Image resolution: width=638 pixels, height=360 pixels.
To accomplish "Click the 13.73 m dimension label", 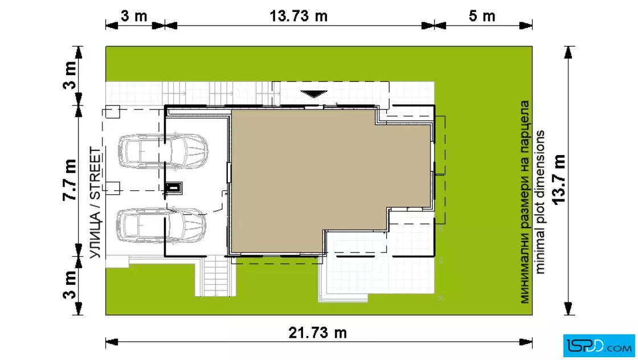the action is click(x=298, y=17).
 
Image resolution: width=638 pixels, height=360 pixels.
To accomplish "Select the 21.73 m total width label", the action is click(x=317, y=333).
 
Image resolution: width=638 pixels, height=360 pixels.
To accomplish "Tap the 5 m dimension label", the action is click(x=482, y=17).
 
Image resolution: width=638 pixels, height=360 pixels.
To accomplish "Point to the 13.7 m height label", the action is click(x=559, y=179).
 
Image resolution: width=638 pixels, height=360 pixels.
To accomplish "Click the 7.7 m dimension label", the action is click(x=69, y=180).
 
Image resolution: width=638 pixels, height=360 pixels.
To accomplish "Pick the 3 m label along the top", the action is click(x=134, y=17).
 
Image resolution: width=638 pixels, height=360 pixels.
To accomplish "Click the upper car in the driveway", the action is click(x=163, y=151).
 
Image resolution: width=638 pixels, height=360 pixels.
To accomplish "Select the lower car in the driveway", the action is click(x=162, y=226).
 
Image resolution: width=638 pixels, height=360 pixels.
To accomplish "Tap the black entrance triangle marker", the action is click(x=314, y=94).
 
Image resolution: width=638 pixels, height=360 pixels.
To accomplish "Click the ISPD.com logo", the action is click(x=599, y=345).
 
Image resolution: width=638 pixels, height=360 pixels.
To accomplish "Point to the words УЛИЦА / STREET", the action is click(x=95, y=203).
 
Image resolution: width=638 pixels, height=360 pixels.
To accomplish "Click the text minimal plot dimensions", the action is click(x=539, y=202).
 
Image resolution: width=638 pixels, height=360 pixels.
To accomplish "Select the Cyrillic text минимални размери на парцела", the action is click(x=525, y=202).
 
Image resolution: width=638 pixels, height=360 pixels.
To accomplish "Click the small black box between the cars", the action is click(x=173, y=188).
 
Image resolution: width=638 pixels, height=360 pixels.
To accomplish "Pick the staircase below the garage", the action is click(x=216, y=276).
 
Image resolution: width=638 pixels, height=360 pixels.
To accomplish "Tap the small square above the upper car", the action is click(x=112, y=112).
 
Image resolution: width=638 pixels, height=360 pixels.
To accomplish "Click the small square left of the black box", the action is click(x=112, y=187).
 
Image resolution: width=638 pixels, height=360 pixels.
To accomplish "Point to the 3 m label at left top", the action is click(x=69, y=75).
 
